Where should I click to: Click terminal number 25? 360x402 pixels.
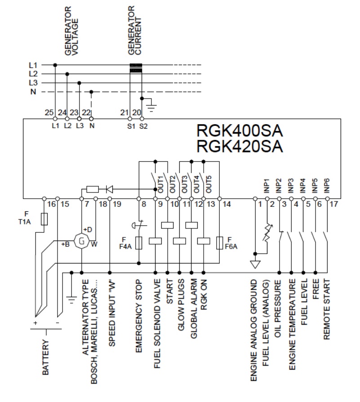49,112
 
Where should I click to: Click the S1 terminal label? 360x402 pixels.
130,126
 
